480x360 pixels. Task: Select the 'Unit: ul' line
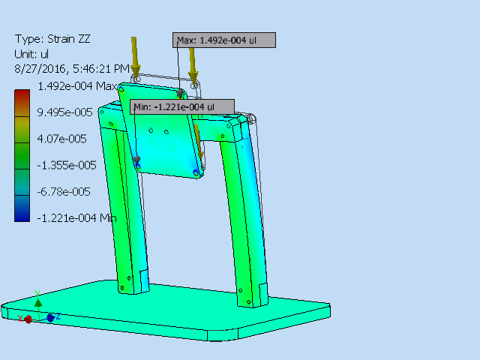tap(31, 54)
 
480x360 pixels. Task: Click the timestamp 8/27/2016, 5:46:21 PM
tap(71, 68)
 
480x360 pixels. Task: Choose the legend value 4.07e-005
tap(62, 139)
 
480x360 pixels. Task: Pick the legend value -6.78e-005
tap(64, 191)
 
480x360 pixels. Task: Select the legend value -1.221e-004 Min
tap(76, 217)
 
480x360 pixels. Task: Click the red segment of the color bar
tap(22, 96)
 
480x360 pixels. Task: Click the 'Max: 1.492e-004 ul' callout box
tap(225, 40)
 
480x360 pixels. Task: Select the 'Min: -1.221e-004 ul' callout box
tap(182, 107)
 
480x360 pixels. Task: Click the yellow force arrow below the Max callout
tap(193, 64)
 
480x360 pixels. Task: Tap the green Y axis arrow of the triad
tap(38, 301)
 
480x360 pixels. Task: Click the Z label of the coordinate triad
tap(58, 316)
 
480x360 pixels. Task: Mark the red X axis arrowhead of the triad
tap(28, 319)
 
